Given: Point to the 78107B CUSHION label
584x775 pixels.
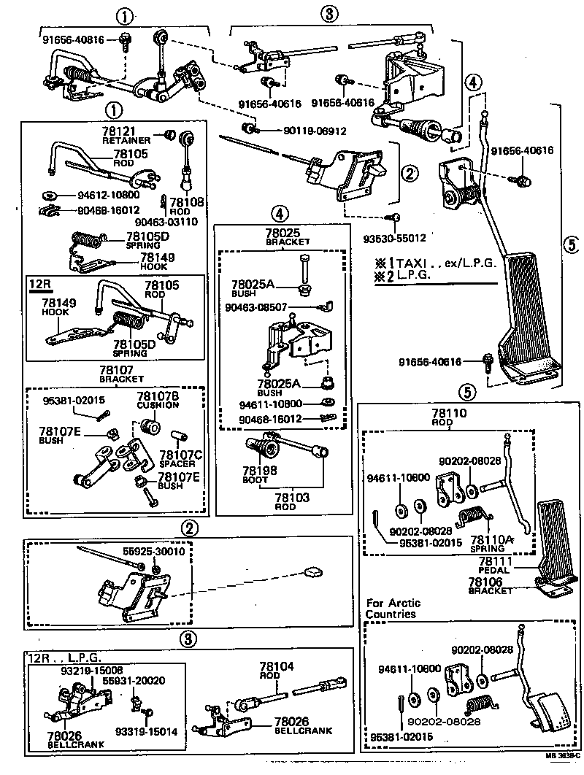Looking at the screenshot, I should [158, 400].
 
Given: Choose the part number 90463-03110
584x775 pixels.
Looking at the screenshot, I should [176, 221].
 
